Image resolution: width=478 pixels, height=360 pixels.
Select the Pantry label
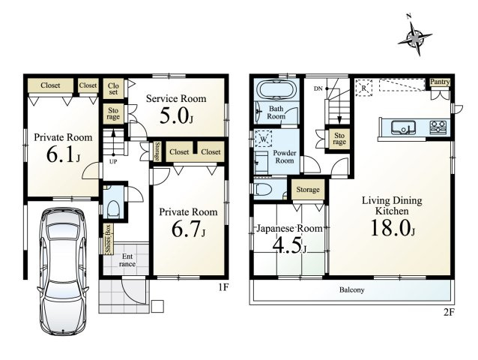pos(440,82)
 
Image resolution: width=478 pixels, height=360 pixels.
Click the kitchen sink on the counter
pos(403,127)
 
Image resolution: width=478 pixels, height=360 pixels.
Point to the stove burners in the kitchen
pos(438,127)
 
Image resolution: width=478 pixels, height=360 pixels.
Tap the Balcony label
pos(352,289)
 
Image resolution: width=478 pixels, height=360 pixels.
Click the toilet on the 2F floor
pos(262,190)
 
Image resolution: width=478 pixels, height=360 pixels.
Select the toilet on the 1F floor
pos(113,209)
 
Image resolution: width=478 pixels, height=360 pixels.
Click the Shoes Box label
pos(108,239)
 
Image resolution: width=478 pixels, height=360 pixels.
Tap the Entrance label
pos(127,260)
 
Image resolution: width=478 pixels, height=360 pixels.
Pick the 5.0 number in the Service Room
pos(174,116)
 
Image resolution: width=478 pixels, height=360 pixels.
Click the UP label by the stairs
pos(113,162)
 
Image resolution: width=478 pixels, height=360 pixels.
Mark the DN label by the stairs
pos(318,88)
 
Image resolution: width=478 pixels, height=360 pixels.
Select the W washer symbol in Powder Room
pos(263,139)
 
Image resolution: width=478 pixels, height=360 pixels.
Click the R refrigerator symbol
pos(363,88)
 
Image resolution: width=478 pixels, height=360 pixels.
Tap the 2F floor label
pos(449,313)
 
